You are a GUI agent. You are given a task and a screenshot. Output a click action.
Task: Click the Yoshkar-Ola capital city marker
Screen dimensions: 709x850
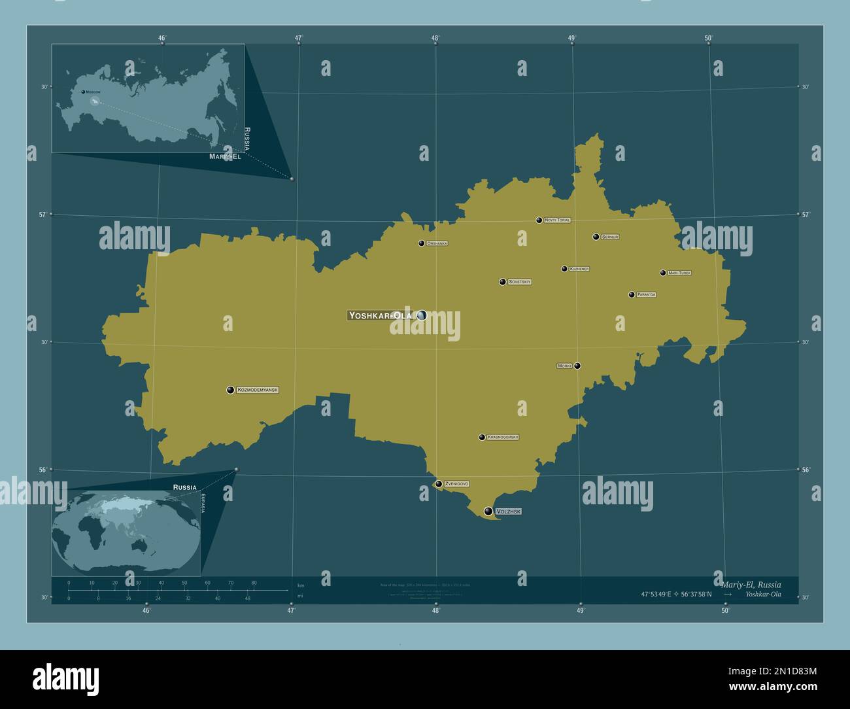click(x=421, y=315)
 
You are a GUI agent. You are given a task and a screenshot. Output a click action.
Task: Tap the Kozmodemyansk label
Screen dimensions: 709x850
click(x=258, y=390)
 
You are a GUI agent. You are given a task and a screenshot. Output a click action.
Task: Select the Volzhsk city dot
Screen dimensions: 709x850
click(x=488, y=511)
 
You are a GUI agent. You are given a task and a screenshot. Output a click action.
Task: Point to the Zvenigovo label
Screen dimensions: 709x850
click(x=456, y=484)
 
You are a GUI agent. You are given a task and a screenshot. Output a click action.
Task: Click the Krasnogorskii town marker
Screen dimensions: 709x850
click(x=482, y=437)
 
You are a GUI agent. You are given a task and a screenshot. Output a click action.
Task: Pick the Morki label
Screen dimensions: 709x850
click(x=564, y=366)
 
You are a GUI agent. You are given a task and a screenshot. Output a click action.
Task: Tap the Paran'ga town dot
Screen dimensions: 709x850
click(x=632, y=295)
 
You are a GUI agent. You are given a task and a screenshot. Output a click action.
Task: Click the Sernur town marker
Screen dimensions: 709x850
click(x=596, y=237)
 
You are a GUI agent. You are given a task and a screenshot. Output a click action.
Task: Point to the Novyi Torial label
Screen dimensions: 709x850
click(x=557, y=220)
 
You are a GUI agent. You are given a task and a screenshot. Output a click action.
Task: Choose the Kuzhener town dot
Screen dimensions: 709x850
click(x=564, y=269)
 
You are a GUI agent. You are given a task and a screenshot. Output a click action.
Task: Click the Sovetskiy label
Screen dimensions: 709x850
click(x=519, y=282)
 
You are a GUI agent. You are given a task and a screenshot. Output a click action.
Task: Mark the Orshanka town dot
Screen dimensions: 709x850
click(x=422, y=243)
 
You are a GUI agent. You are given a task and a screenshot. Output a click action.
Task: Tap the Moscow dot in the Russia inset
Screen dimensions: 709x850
click(x=83, y=92)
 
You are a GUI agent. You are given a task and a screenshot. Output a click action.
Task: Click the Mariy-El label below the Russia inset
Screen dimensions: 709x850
click(x=225, y=157)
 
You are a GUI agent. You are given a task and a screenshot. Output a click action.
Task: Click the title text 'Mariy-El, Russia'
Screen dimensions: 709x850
click(x=751, y=584)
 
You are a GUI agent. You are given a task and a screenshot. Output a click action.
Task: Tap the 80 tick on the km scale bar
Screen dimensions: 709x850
click(x=254, y=582)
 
